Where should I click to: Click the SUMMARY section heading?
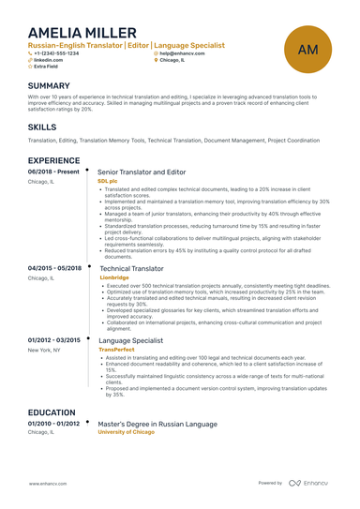click(x=56, y=85)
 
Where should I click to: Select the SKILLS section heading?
click(x=42, y=126)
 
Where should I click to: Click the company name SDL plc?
click(x=108, y=181)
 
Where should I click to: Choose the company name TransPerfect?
click(x=116, y=349)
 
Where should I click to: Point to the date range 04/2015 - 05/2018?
click(x=55, y=268)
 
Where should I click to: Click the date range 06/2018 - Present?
click(x=54, y=172)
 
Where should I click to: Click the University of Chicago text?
click(x=128, y=432)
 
